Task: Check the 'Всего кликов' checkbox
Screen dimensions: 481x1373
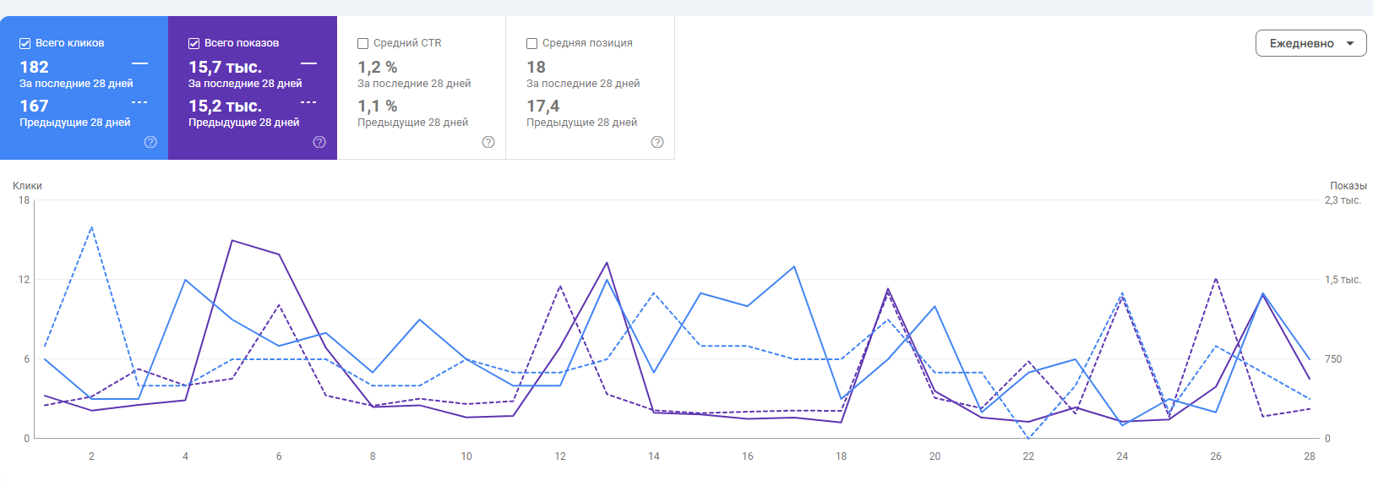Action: tap(25, 43)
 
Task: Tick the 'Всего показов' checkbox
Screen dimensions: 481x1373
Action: tap(194, 43)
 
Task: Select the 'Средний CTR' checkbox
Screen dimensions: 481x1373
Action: tap(363, 43)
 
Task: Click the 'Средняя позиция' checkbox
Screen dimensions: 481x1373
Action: tap(532, 43)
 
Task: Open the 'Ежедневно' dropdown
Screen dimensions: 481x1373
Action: tap(1310, 43)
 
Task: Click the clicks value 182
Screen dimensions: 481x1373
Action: tap(35, 67)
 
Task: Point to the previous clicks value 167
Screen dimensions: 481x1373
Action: tap(35, 106)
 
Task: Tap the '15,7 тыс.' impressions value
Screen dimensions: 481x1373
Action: tap(225, 67)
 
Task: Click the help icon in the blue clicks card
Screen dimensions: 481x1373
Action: tap(150, 142)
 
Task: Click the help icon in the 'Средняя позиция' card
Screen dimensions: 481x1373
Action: tap(657, 142)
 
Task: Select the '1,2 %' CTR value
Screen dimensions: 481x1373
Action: tap(377, 67)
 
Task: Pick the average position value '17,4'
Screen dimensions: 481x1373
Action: tap(542, 106)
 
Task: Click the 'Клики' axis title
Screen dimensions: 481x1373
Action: tap(27, 186)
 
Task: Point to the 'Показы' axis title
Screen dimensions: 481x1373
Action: tap(1348, 186)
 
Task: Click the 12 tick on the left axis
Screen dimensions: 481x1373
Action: tap(24, 280)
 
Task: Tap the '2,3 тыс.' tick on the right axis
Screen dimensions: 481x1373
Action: tap(1343, 200)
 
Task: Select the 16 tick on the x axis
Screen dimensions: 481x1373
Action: tap(748, 456)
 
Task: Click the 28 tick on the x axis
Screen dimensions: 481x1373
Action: tap(1310, 456)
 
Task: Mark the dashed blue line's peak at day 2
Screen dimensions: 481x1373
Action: tap(91, 227)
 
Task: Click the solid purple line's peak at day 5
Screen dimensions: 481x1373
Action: tap(232, 240)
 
